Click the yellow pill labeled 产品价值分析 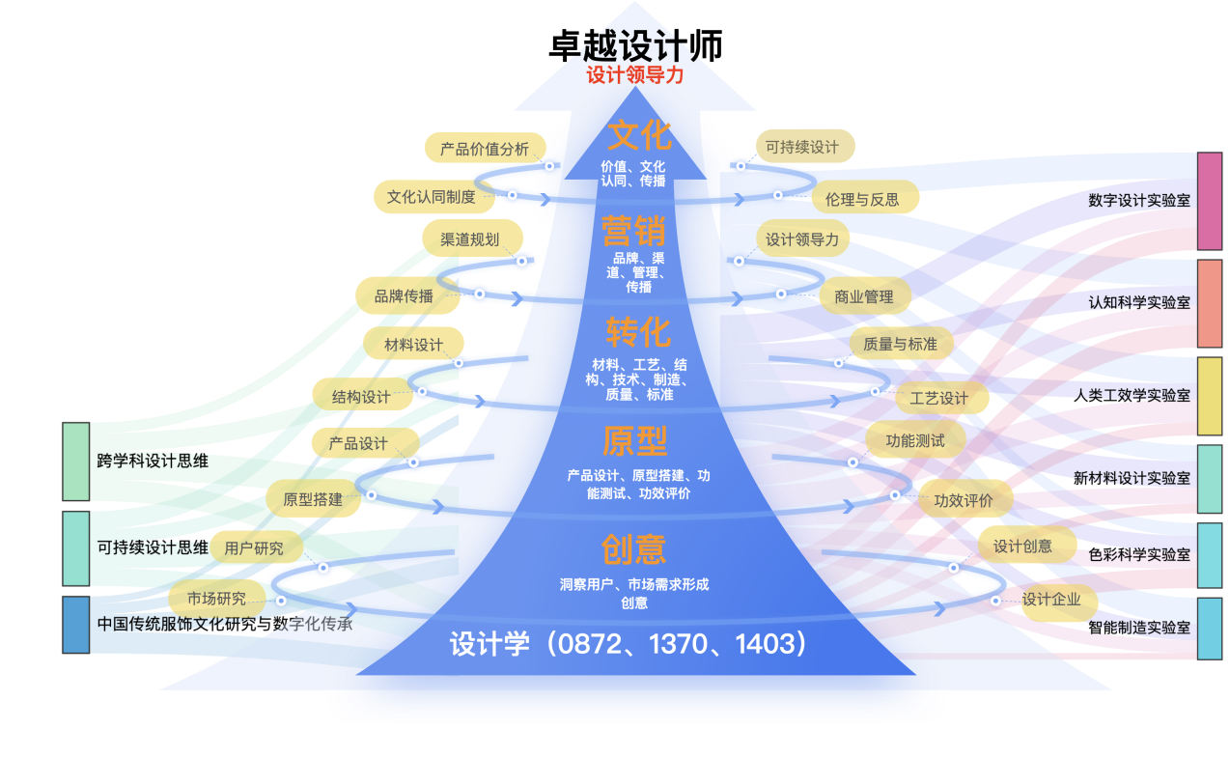point(485,149)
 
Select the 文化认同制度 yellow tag point(432,197)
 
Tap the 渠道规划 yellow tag point(470,238)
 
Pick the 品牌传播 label point(405,296)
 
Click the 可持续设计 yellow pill point(802,147)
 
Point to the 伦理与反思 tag point(862,199)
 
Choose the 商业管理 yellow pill point(864,296)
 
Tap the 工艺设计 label point(939,398)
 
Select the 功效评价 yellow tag point(964,500)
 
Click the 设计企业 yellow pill point(1051,600)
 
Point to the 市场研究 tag point(216,598)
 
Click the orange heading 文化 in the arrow point(638,135)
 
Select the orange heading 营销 point(633,232)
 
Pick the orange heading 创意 point(633,548)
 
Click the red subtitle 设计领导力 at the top point(634,75)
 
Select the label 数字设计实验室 point(1138,200)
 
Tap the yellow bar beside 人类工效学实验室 point(1209,396)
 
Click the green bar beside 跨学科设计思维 point(76,462)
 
